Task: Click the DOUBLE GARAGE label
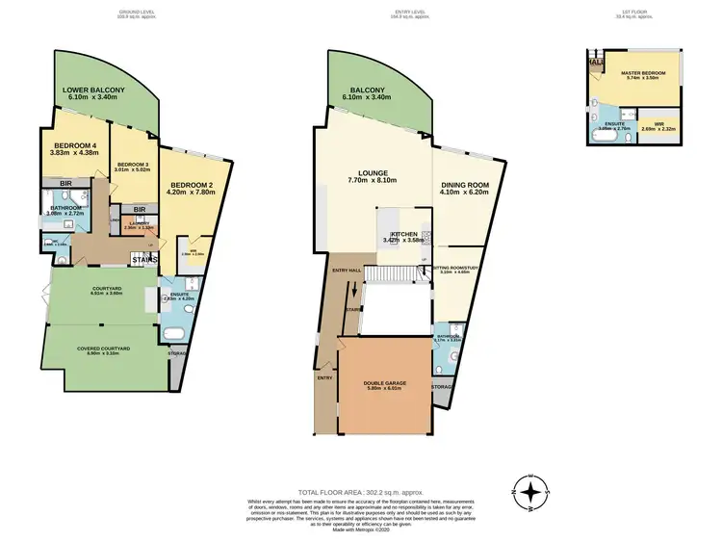pyautogui.click(x=383, y=384)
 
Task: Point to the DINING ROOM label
pyautogui.click(x=466, y=188)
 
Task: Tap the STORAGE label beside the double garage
pyautogui.click(x=442, y=387)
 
